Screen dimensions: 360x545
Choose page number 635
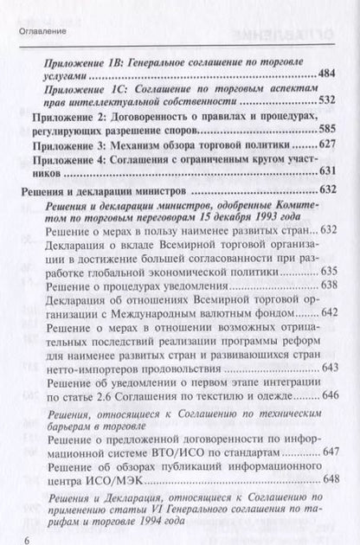click(331, 268)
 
